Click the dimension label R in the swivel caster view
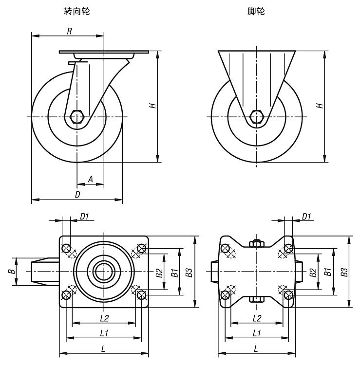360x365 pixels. click(69, 31)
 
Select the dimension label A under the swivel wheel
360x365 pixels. click(90, 179)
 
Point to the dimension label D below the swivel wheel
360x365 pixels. click(76, 194)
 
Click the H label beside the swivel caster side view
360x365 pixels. click(153, 105)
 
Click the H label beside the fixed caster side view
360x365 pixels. click(319, 105)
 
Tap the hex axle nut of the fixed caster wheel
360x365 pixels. click(257, 117)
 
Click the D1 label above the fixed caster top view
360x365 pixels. click(306, 217)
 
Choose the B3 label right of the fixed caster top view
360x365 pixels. click(344, 273)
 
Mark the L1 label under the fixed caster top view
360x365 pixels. click(257, 333)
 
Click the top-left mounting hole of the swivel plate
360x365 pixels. click(66, 248)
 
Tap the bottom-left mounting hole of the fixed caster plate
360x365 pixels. click(225, 295)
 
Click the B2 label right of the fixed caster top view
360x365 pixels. click(314, 273)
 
